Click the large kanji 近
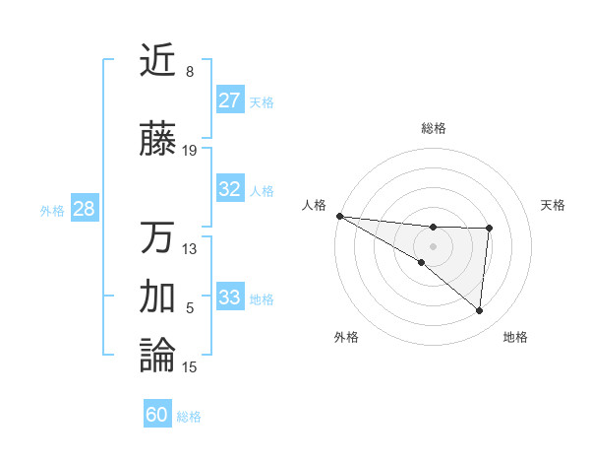[157, 61]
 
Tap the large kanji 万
[157, 237]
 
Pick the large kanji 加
[157, 296]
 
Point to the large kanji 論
[157, 355]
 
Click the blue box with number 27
[230, 100]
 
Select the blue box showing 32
[230, 189]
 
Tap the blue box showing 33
[230, 297]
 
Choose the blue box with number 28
[84, 209]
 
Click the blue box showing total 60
[157, 415]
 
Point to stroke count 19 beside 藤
[190, 151]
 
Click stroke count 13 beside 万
[190, 248]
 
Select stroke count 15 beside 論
[190, 367]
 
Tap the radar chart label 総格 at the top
[434, 128]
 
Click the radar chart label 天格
[554, 205]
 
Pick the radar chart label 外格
[346, 338]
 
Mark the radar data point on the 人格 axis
[339, 216]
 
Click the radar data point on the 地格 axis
[479, 311]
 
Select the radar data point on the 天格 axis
[489, 229]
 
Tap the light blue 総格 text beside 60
[189, 417]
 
